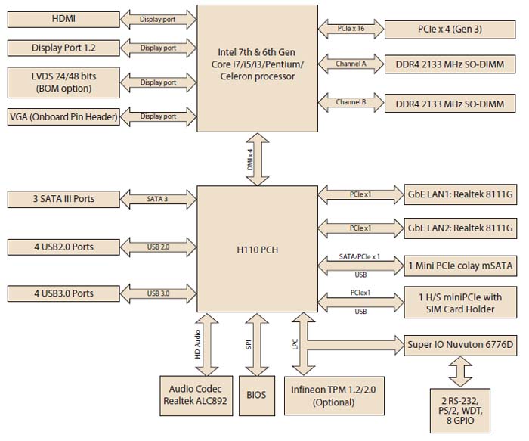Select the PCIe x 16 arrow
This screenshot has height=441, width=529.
click(352, 29)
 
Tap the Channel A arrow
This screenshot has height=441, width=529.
click(352, 64)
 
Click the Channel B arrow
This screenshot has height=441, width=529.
click(352, 100)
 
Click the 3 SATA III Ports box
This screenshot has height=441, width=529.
click(63, 200)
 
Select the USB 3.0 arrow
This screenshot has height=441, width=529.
click(158, 293)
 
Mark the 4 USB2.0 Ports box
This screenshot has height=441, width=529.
click(63, 247)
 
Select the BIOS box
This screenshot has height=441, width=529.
click(256, 394)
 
